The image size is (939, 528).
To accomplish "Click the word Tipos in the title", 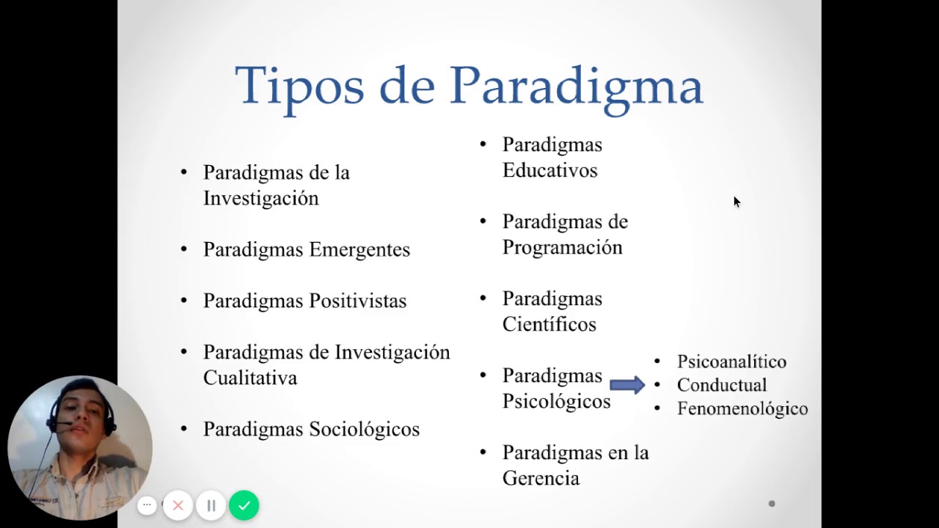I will coord(299,86).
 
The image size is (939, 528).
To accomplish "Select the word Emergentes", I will coord(359,250).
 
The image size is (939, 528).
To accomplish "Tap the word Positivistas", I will coord(357,301).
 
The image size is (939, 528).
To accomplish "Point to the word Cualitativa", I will coord(250,378).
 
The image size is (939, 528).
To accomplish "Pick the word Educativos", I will coord(549,171).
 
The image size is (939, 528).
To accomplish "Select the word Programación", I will coord(562,248).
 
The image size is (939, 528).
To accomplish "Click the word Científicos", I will coord(549,325).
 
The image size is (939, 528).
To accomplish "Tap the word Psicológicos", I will coord(556,402).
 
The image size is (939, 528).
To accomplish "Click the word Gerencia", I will coord(541,479).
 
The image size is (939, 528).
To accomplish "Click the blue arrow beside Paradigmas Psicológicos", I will coord(626,385).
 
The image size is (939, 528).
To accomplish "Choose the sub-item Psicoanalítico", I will coord(731,362).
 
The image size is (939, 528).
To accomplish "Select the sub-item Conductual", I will coord(721,385).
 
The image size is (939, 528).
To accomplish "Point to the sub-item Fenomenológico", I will coord(742,409).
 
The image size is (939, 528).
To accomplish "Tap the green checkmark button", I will coord(244,505).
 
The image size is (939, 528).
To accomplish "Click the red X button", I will coord(178,505).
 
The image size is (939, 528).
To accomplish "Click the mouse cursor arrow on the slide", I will coord(737,202).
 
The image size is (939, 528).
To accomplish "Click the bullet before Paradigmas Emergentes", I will coord(184,249).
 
